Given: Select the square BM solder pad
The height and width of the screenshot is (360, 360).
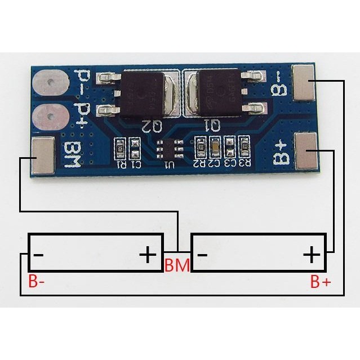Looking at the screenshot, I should coord(43,154).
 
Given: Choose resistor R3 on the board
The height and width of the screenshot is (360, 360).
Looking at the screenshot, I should coord(245,148).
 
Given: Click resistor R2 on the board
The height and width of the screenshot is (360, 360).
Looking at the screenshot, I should coord(201,148).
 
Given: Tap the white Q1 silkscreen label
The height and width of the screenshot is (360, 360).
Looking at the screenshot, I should coord(212,126).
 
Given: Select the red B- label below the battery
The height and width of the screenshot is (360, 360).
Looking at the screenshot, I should coord(37,281).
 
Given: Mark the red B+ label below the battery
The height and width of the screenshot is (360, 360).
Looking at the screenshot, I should coord(321,281).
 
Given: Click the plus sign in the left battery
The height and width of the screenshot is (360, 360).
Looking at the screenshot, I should coord(148,255).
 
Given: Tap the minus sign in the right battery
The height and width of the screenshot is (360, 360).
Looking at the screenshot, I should coord(202,255).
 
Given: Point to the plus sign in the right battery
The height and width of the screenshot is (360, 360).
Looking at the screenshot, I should coord(311,255).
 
